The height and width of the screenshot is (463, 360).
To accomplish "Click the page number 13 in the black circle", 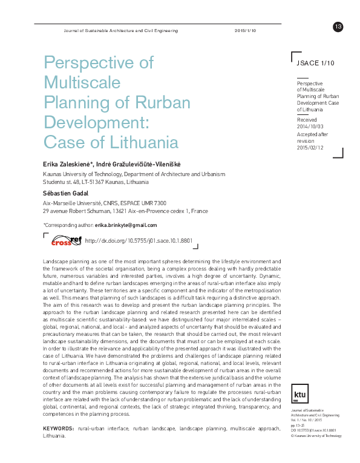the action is click(x=338, y=26).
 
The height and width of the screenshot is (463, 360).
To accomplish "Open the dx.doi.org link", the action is click(x=139, y=241).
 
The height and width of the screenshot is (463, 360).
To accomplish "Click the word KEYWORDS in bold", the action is click(x=59, y=429).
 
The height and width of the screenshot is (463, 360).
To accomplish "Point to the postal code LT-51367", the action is click(x=89, y=180).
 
